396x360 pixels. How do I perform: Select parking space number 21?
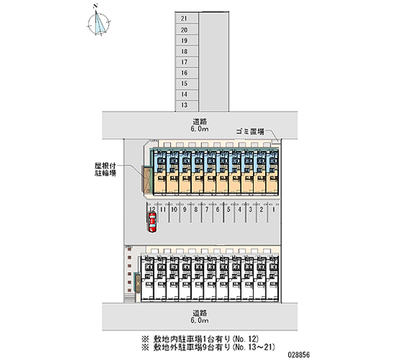tap(184, 19)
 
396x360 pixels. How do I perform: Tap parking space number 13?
tap(184, 105)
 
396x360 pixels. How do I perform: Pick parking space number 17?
tap(184, 62)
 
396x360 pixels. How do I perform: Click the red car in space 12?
tap(152, 222)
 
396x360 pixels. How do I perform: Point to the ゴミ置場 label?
tap(248, 132)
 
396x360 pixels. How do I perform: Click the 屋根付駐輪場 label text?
tap(105, 170)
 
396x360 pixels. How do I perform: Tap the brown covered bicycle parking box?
tap(147, 179)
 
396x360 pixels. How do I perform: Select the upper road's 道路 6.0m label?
tap(200, 125)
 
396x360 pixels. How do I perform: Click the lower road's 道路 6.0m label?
tap(200, 317)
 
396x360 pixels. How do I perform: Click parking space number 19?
tap(184, 41)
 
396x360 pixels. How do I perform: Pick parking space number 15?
tap(184, 83)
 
